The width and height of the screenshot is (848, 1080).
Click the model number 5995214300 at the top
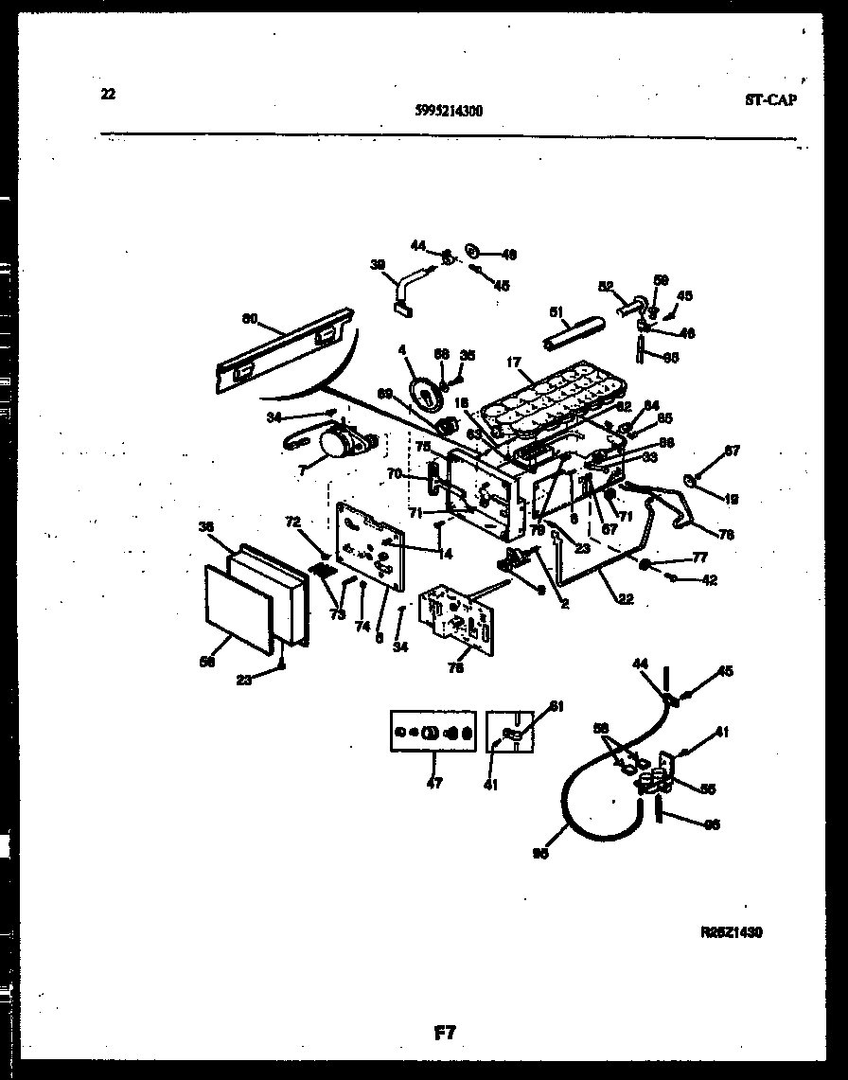tap(449, 110)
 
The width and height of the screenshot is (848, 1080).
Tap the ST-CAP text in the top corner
tap(768, 100)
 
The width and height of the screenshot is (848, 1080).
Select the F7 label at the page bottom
tap(445, 1034)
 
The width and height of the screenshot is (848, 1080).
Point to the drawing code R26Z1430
tap(731, 932)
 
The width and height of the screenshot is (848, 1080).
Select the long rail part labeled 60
tap(284, 351)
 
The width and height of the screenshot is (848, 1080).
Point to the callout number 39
tap(378, 266)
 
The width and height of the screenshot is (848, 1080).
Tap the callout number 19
tap(732, 498)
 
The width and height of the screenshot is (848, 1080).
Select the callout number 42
tap(709, 579)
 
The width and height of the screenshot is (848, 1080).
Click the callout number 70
tap(394, 473)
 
